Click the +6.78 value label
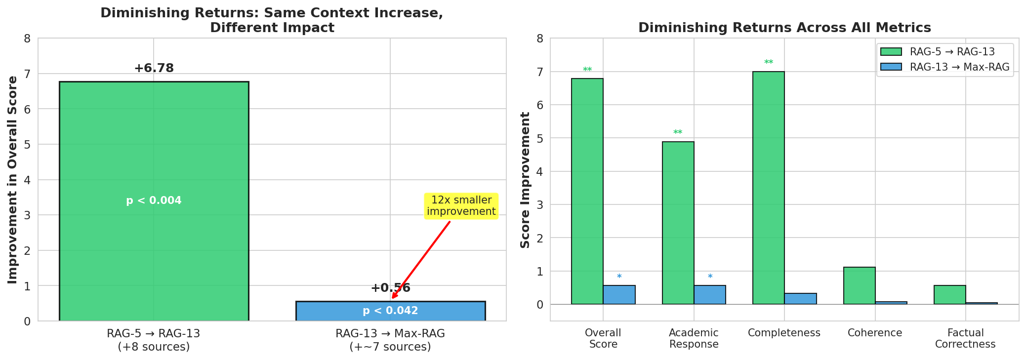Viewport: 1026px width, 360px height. (154, 68)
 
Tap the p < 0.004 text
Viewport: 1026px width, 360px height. (154, 200)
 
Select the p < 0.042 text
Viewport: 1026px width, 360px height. (390, 311)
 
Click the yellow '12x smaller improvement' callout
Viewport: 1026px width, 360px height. (461, 206)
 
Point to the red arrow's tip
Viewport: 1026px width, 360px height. (392, 298)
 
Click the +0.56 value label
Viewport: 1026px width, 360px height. (390, 288)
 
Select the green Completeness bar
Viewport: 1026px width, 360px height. (768, 188)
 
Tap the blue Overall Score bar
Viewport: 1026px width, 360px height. (619, 295)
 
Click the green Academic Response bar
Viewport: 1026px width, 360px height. (678, 223)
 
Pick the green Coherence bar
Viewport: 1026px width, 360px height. (859, 285)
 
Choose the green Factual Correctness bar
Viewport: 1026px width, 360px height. (949, 295)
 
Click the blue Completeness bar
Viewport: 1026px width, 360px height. (800, 299)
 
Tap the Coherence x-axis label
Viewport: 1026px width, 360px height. (874, 333)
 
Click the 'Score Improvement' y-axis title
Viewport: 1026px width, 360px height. (525, 180)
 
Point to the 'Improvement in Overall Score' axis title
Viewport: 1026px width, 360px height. (12, 180)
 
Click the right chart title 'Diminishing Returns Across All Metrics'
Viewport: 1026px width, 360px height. (784, 28)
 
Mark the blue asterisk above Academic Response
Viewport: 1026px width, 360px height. (710, 277)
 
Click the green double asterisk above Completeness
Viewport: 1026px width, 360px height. (768, 63)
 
